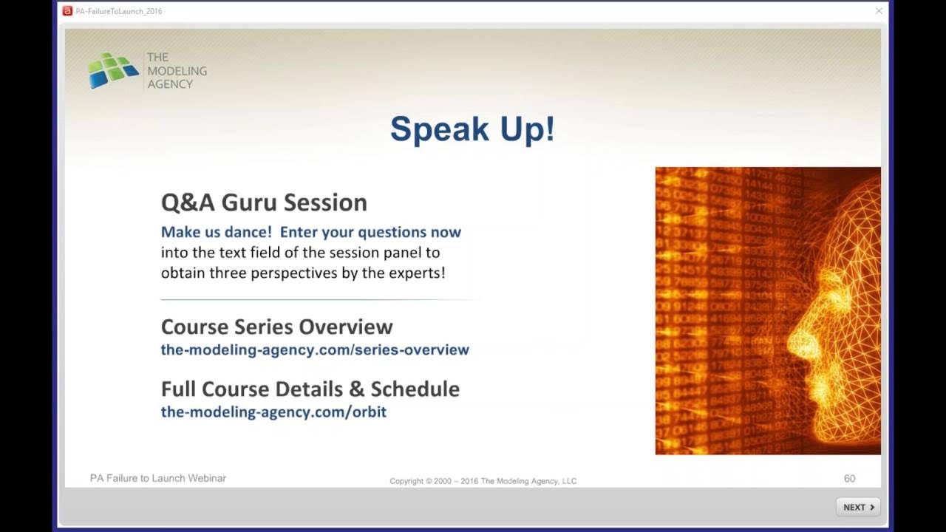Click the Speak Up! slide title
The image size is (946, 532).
click(x=472, y=129)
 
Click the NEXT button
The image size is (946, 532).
click(x=858, y=507)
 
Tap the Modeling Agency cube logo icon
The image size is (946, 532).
click(x=113, y=70)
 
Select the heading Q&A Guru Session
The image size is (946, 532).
click(x=264, y=202)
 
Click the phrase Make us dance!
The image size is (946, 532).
click(x=217, y=232)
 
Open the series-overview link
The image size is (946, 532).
click(x=315, y=349)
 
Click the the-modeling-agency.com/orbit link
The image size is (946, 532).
click(x=273, y=412)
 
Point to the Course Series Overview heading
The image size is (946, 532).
click(x=276, y=327)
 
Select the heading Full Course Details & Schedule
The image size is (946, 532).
click(x=310, y=389)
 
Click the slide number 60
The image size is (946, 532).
click(x=849, y=479)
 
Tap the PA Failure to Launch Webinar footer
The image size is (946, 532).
click(x=158, y=478)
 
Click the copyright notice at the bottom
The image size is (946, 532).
click(x=483, y=481)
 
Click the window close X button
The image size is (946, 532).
click(x=879, y=11)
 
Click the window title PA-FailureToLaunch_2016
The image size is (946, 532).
click(x=119, y=11)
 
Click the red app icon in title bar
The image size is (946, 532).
click(x=68, y=11)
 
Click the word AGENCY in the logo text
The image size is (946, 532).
click(x=169, y=84)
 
